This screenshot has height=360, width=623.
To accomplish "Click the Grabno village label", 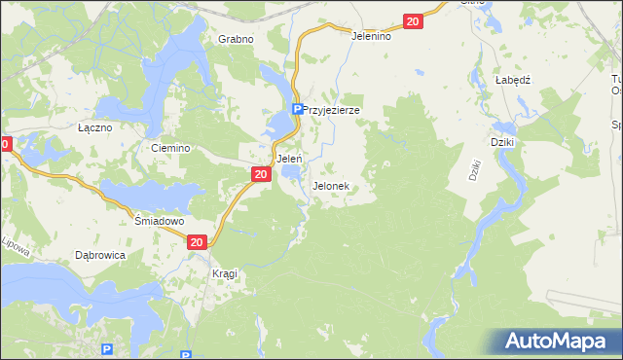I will pyautogui.click(x=236, y=39).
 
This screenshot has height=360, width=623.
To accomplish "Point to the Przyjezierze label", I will pyautogui.click(x=332, y=110).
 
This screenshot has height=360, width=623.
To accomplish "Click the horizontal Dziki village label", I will pyautogui.click(x=502, y=141).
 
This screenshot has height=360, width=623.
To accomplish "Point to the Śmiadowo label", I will pyautogui.click(x=159, y=221).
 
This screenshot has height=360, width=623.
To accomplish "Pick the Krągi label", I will pyautogui.click(x=224, y=273).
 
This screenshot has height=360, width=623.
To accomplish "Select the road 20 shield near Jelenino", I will pyautogui.click(x=413, y=21).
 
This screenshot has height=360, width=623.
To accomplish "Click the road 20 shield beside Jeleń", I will pyautogui.click(x=260, y=173).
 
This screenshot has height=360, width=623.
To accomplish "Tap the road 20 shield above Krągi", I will pyautogui.click(x=197, y=242).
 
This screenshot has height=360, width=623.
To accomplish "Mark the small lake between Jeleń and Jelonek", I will pyautogui.click(x=291, y=174).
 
